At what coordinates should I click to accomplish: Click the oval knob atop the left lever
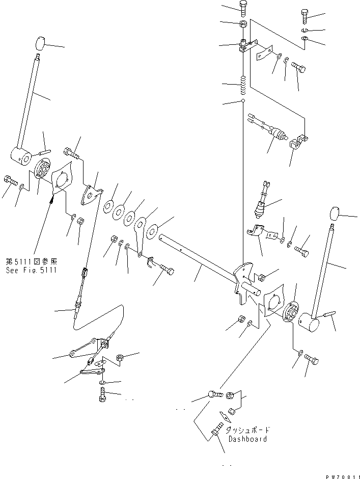click(40, 43)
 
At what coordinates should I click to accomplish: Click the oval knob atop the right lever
click(335, 213)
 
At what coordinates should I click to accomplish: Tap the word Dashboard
click(247, 439)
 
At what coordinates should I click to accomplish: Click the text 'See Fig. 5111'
click(31, 270)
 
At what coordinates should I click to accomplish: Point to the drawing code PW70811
click(343, 476)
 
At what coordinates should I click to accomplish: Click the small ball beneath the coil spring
click(243, 100)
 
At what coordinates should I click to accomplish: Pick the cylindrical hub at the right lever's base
click(308, 322)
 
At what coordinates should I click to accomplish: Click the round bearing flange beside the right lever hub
click(290, 311)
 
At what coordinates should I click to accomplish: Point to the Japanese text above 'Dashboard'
click(247, 430)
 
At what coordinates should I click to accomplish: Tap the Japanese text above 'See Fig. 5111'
click(31, 262)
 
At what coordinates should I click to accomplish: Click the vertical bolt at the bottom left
click(102, 394)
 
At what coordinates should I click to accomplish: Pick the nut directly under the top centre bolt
click(243, 23)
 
